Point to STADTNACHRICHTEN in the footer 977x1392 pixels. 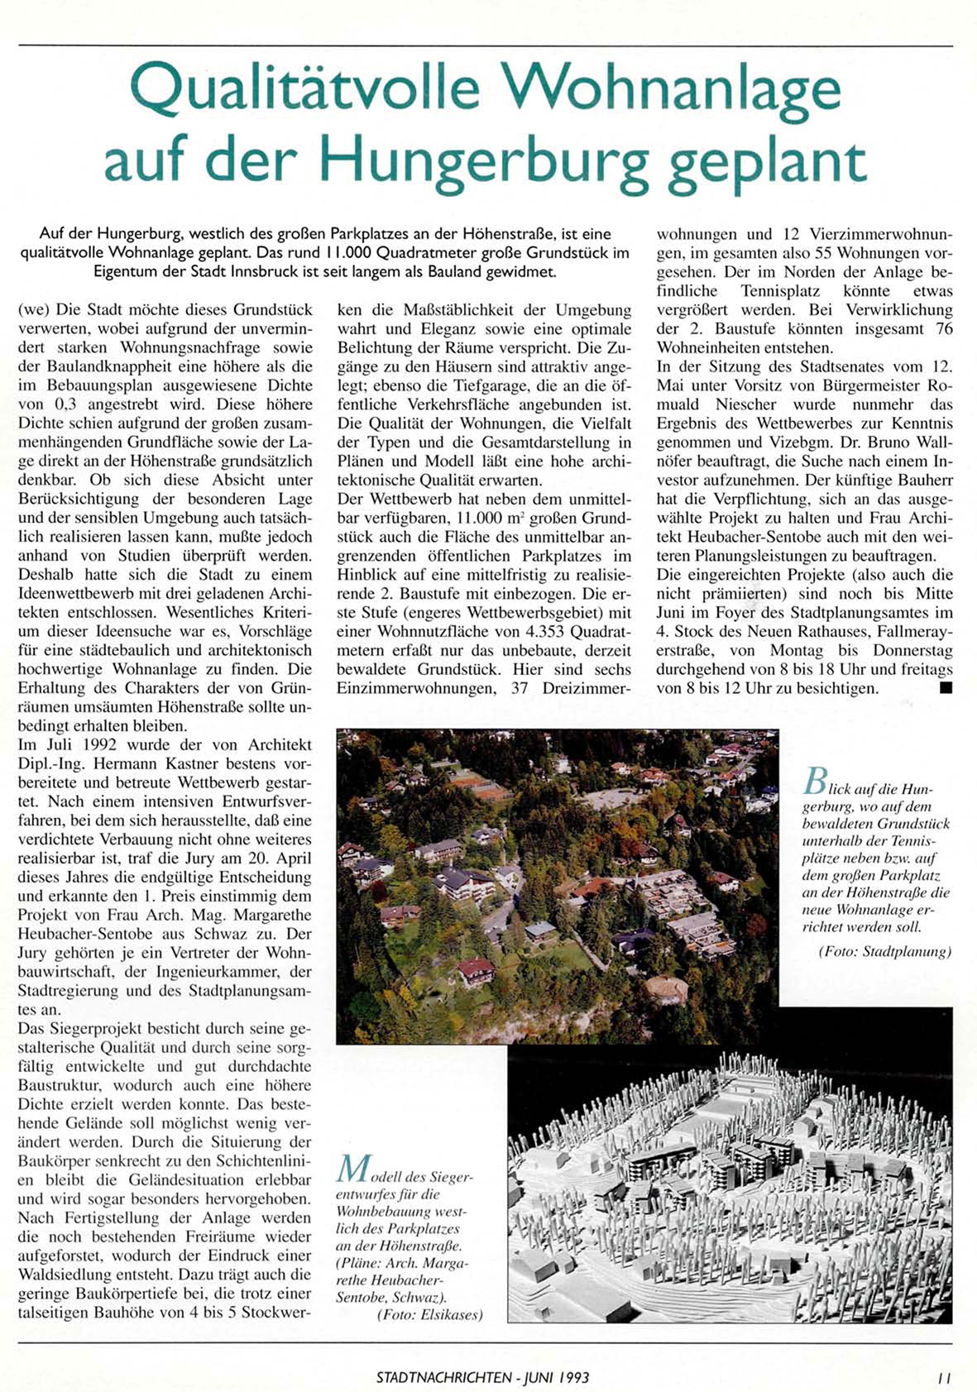pos(443,1378)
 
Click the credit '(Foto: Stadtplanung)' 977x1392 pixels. pos(884,952)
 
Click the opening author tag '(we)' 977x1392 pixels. pos(33,310)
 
